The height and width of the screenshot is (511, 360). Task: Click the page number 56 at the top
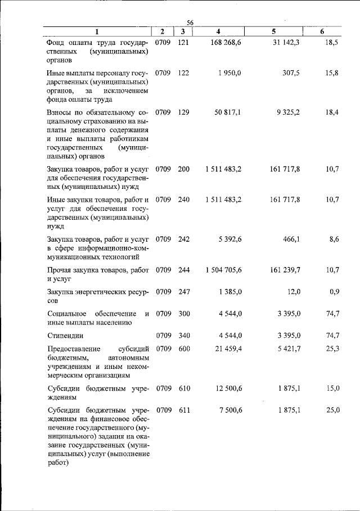pos(190,22)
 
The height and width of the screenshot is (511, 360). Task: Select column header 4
pos(218,32)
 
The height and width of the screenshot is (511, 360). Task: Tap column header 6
pos(322,32)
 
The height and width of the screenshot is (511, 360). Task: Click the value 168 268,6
pos(224,43)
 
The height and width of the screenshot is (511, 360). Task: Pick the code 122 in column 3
pos(183,73)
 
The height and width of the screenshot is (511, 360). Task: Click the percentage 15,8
pos(332,73)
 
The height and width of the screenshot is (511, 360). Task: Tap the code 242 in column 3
pos(183,239)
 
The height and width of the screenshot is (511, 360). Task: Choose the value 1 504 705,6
pos(224,270)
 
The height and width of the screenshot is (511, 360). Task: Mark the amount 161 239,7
pos(285,270)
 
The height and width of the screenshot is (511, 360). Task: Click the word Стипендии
pos(65,336)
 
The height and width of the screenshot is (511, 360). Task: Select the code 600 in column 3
pos(183,349)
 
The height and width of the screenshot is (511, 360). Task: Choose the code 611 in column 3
pos(183,410)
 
